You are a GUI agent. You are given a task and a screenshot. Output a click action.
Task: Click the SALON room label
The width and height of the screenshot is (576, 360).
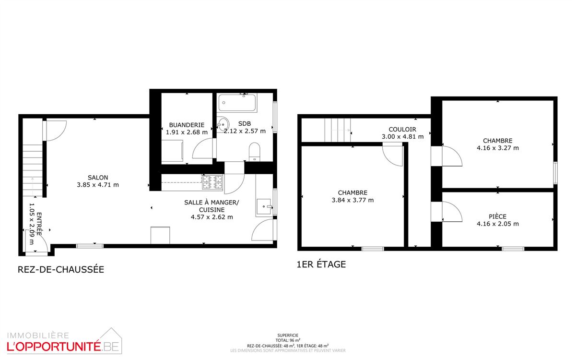coord(98,178)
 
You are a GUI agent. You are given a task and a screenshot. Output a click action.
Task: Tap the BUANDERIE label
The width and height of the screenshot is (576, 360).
coord(187,125)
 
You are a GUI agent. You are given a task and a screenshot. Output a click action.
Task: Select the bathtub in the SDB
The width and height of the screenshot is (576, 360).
coord(237,103)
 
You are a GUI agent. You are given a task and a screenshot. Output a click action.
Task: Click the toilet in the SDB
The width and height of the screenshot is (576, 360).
coord(255,152)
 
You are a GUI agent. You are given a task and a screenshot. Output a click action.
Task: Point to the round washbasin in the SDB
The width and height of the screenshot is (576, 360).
coord(223,124)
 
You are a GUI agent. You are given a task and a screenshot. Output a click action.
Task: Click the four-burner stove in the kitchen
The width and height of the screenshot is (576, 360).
coord(212,182)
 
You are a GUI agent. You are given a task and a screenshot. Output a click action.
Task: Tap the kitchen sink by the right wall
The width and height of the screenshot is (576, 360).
coord(263,206)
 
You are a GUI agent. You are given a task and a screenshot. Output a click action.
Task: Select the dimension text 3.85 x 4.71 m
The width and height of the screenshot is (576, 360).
coord(98,185)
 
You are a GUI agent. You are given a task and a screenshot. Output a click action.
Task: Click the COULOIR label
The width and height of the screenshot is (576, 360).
coord(402,130)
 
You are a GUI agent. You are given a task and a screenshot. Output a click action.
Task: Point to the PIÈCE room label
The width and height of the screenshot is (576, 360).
coord(497,216)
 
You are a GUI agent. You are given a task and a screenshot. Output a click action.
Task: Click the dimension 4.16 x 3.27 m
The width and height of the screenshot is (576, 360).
coord(497,148)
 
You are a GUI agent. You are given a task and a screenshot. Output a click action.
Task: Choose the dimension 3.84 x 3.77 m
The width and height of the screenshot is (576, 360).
coord(353,200)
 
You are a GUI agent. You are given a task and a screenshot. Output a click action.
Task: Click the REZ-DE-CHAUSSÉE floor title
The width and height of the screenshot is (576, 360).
coord(61,269)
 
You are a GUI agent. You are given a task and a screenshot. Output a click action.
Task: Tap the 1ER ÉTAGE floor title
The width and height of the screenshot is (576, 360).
coord(321,264)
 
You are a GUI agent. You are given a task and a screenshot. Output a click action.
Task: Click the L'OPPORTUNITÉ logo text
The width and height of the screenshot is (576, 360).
coord(54,347)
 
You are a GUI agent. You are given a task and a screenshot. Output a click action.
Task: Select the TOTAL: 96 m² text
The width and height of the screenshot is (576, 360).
coord(288,340)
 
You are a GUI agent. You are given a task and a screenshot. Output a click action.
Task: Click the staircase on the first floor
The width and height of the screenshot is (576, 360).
coord(338,130)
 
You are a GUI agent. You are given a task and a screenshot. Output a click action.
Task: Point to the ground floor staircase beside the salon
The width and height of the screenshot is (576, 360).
coord(33,170)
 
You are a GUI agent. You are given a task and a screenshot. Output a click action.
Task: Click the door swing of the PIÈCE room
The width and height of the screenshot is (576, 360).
coord(452,212)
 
